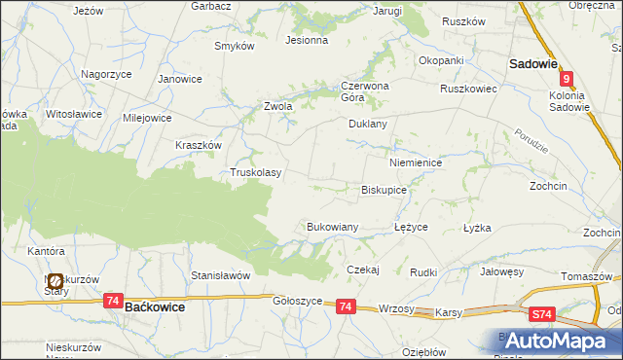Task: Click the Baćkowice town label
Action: point(156,306)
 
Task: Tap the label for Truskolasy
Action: point(255,173)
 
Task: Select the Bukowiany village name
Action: point(333,227)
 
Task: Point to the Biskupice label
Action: point(384,191)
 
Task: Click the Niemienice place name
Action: point(416,162)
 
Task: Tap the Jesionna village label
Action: point(306,41)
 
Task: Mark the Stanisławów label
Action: point(221,275)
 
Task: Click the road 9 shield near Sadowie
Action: point(567,81)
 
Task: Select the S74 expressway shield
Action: point(543,315)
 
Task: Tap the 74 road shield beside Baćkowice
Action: point(114,302)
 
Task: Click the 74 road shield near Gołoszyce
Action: point(347,306)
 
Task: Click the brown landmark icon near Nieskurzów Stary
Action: point(55,282)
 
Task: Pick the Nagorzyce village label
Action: point(106,74)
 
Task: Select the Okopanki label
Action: point(441,60)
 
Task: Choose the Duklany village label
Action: point(368,125)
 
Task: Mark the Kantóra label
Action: point(46,251)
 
